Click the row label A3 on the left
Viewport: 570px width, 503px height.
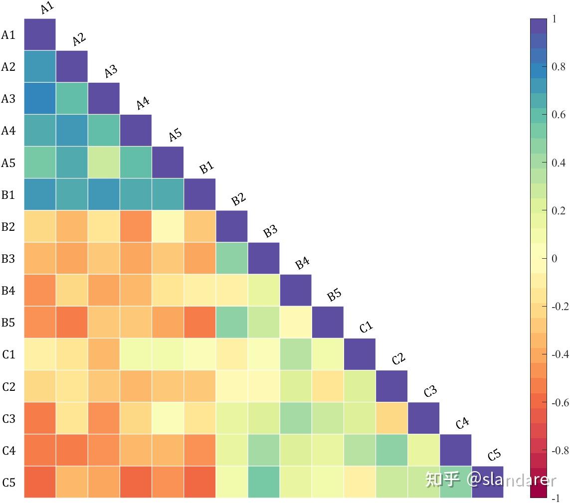click(8, 99)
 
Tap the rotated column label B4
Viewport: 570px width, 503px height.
click(303, 263)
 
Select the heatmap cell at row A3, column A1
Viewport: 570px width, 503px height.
click(40, 99)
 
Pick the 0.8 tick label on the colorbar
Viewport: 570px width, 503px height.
click(559, 67)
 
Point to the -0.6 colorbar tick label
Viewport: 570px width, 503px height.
click(560, 402)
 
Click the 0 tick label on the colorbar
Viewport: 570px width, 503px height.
click(555, 259)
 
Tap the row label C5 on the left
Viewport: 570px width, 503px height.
click(8, 483)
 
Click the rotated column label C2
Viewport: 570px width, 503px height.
click(398, 358)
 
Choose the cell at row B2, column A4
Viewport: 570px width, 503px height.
click(136, 226)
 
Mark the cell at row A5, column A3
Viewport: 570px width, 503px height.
click(104, 163)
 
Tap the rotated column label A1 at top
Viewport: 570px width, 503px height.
click(47, 8)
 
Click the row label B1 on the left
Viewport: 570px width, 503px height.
click(8, 195)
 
